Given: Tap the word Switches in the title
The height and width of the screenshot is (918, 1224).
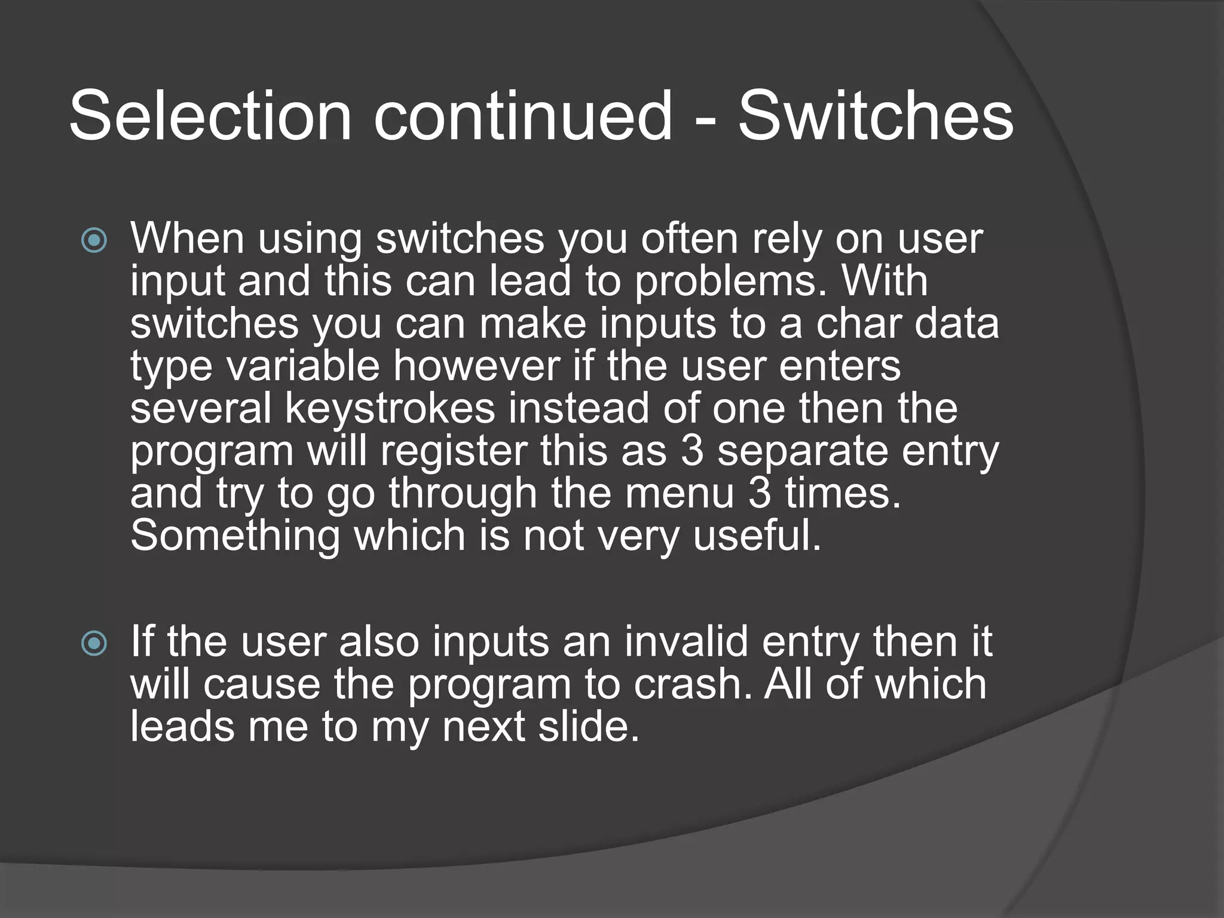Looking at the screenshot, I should click(876, 117).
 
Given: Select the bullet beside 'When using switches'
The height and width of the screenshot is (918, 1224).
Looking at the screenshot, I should click(94, 241).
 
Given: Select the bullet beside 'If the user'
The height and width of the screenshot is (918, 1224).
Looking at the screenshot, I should click(94, 644).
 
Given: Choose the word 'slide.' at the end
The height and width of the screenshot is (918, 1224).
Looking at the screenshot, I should click(589, 727).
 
